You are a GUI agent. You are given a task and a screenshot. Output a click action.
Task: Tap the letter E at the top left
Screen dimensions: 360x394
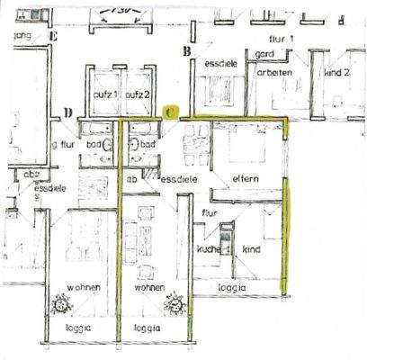[54, 36]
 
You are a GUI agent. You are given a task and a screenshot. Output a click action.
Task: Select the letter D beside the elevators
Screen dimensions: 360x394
[67, 112]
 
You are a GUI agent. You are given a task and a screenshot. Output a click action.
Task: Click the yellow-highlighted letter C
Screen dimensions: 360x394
[172, 112]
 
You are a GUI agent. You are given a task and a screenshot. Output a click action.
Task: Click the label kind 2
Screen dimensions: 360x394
[337, 71]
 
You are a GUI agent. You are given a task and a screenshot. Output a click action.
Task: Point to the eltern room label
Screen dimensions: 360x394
[244, 178]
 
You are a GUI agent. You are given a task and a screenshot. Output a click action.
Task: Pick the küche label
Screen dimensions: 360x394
[210, 247]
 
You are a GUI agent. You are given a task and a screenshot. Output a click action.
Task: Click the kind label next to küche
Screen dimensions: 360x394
[252, 247]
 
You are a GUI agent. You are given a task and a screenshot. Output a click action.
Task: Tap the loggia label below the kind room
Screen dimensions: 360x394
[234, 288]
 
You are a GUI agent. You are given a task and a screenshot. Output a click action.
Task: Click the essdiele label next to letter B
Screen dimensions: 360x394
[220, 64]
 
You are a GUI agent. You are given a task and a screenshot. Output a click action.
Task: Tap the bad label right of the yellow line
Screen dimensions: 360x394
[148, 144]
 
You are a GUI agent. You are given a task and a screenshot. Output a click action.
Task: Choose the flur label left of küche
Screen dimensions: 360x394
[210, 213]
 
